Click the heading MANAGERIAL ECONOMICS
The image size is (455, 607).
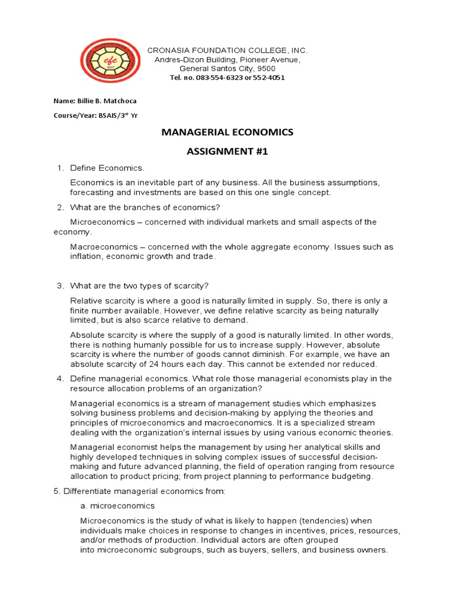pos(227,132)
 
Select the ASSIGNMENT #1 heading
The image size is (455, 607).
pos(227,152)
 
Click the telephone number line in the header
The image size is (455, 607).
pos(227,78)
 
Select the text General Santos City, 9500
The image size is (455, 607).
pos(227,69)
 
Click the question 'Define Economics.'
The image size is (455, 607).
pos(107,168)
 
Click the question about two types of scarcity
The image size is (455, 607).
pos(139,286)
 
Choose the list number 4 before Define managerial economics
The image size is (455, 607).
pos(60,379)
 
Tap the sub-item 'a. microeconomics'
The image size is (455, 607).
pos(117,506)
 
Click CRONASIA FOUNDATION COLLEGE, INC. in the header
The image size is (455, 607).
pos(227,51)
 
